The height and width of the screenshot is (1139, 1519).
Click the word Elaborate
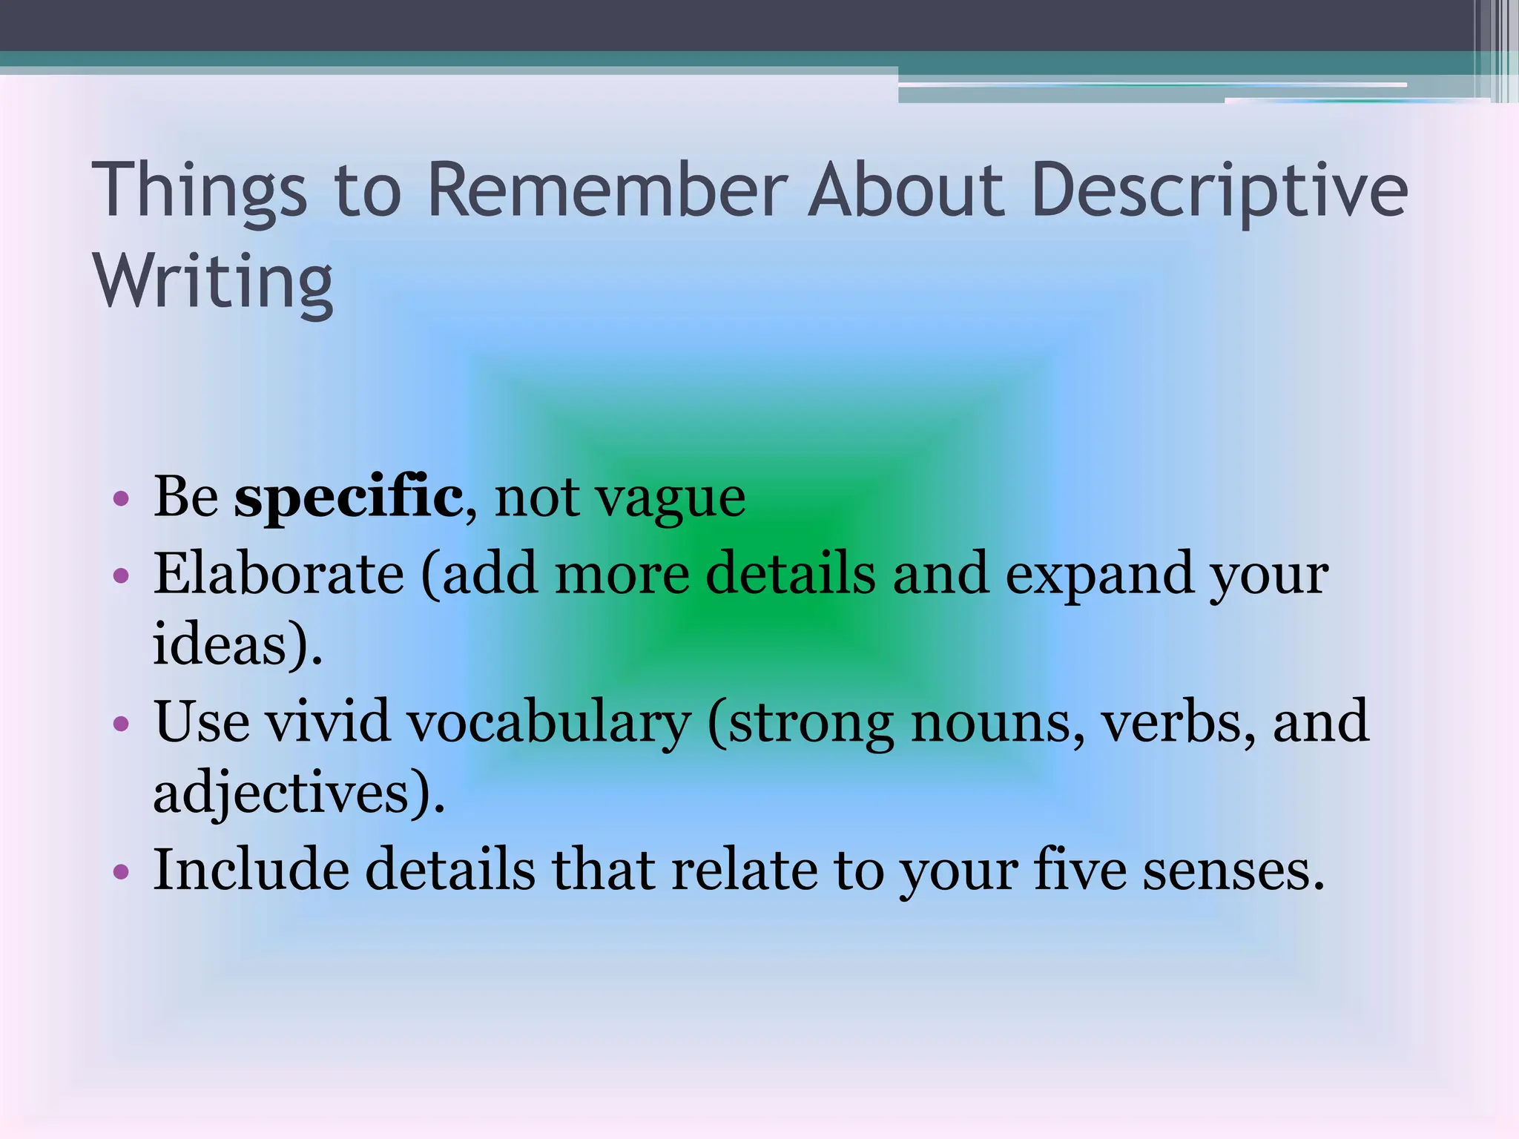pos(279,574)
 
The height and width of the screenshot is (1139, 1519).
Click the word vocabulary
pos(549,722)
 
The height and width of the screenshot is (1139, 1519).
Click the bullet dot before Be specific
pos(122,499)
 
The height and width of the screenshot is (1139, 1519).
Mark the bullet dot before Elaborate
pos(122,575)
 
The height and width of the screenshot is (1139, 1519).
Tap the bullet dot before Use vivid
pos(122,723)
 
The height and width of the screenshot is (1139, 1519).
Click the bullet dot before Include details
pos(122,871)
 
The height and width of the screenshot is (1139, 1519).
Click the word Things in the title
pos(199,191)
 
